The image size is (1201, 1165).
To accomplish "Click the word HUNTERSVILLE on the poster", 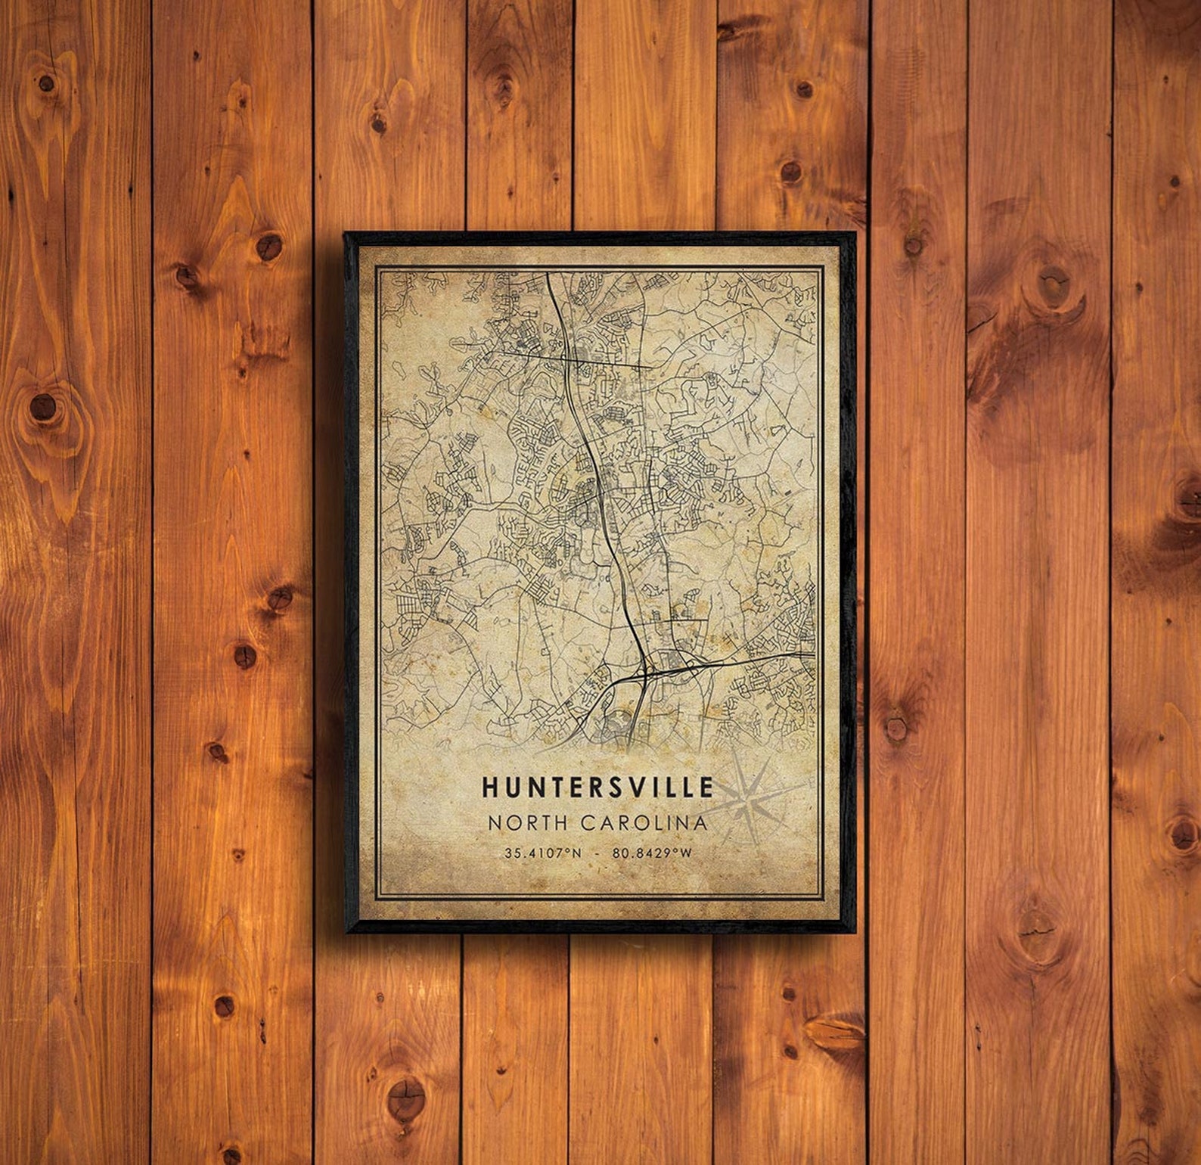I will click(x=597, y=788).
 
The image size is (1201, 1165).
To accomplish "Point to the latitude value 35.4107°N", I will click(x=543, y=853).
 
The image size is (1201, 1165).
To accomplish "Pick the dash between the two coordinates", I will click(x=597, y=853).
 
